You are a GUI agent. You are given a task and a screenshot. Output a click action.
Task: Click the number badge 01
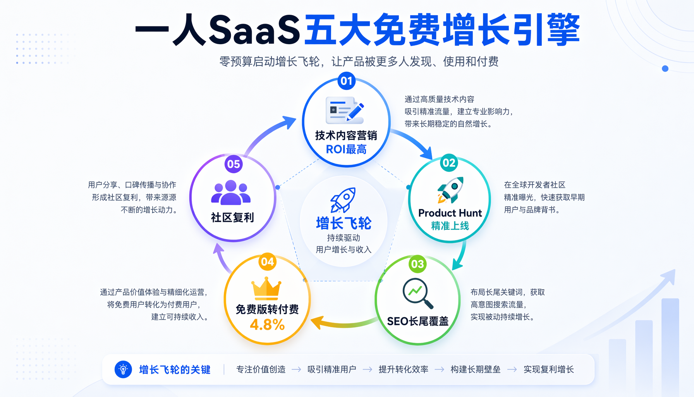coord(346,81)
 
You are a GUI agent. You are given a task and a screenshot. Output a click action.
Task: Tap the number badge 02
coord(449,163)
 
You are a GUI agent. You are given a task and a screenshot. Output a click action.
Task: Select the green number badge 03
coord(417,264)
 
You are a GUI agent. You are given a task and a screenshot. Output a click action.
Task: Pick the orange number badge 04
coord(267,262)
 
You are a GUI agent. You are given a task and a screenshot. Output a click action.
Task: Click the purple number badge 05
coord(234,164)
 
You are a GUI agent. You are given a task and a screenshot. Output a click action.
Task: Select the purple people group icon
coord(231,192)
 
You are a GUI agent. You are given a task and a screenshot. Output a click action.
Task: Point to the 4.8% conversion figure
coord(267,325)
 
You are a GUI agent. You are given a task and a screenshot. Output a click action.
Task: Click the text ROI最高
coord(346,149)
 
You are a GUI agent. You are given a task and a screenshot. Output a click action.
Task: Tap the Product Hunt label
coord(450,213)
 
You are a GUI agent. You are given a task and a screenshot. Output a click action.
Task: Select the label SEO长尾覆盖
coord(417,321)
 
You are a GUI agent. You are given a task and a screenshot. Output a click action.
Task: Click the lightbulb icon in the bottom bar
coord(123,369)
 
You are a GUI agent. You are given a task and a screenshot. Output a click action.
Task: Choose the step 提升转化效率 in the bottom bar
coord(404,369)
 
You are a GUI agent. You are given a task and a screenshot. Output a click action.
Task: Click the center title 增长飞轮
coord(344,223)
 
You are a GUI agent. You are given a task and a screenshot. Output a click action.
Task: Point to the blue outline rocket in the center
coord(343,200)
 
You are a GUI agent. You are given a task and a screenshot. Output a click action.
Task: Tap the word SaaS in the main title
coord(254,29)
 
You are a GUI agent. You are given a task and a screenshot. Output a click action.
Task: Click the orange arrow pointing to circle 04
coord(345,323)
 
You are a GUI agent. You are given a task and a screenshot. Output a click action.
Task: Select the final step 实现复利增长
coord(549,369)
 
